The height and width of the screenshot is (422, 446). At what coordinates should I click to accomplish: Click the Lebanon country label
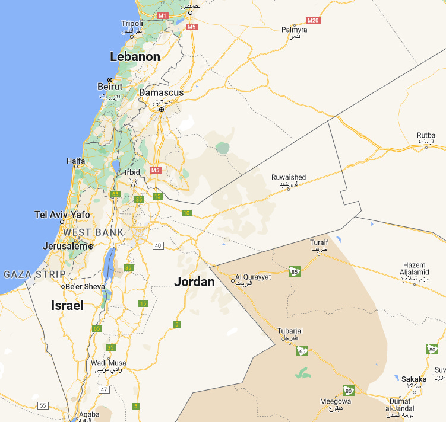[x=135, y=57]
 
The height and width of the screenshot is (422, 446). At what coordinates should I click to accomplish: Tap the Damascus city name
[x=161, y=92]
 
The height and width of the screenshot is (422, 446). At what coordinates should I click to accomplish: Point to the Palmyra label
[x=294, y=30]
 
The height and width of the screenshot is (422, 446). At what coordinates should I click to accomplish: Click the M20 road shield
[x=313, y=21]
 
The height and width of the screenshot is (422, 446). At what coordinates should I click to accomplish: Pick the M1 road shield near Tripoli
[x=162, y=15]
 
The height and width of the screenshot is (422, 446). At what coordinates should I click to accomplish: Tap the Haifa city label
[x=75, y=160]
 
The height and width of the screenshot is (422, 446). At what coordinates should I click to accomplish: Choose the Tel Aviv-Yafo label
[x=62, y=215]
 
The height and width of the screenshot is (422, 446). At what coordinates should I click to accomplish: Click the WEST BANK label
[x=93, y=232]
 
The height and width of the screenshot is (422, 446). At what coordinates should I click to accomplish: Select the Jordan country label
[x=194, y=282]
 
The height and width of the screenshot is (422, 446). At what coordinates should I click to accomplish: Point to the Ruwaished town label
[x=289, y=177]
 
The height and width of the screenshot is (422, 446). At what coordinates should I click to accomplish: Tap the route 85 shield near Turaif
[x=294, y=271]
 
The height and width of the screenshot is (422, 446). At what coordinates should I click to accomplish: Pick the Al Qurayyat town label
[x=253, y=277]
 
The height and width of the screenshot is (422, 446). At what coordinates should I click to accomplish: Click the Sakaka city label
[x=414, y=379]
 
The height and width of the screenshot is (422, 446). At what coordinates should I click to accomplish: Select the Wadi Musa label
[x=107, y=363]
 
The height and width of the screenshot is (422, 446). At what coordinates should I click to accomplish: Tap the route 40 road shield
[x=157, y=245]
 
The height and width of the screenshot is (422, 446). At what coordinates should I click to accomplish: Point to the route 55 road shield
[x=42, y=405]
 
